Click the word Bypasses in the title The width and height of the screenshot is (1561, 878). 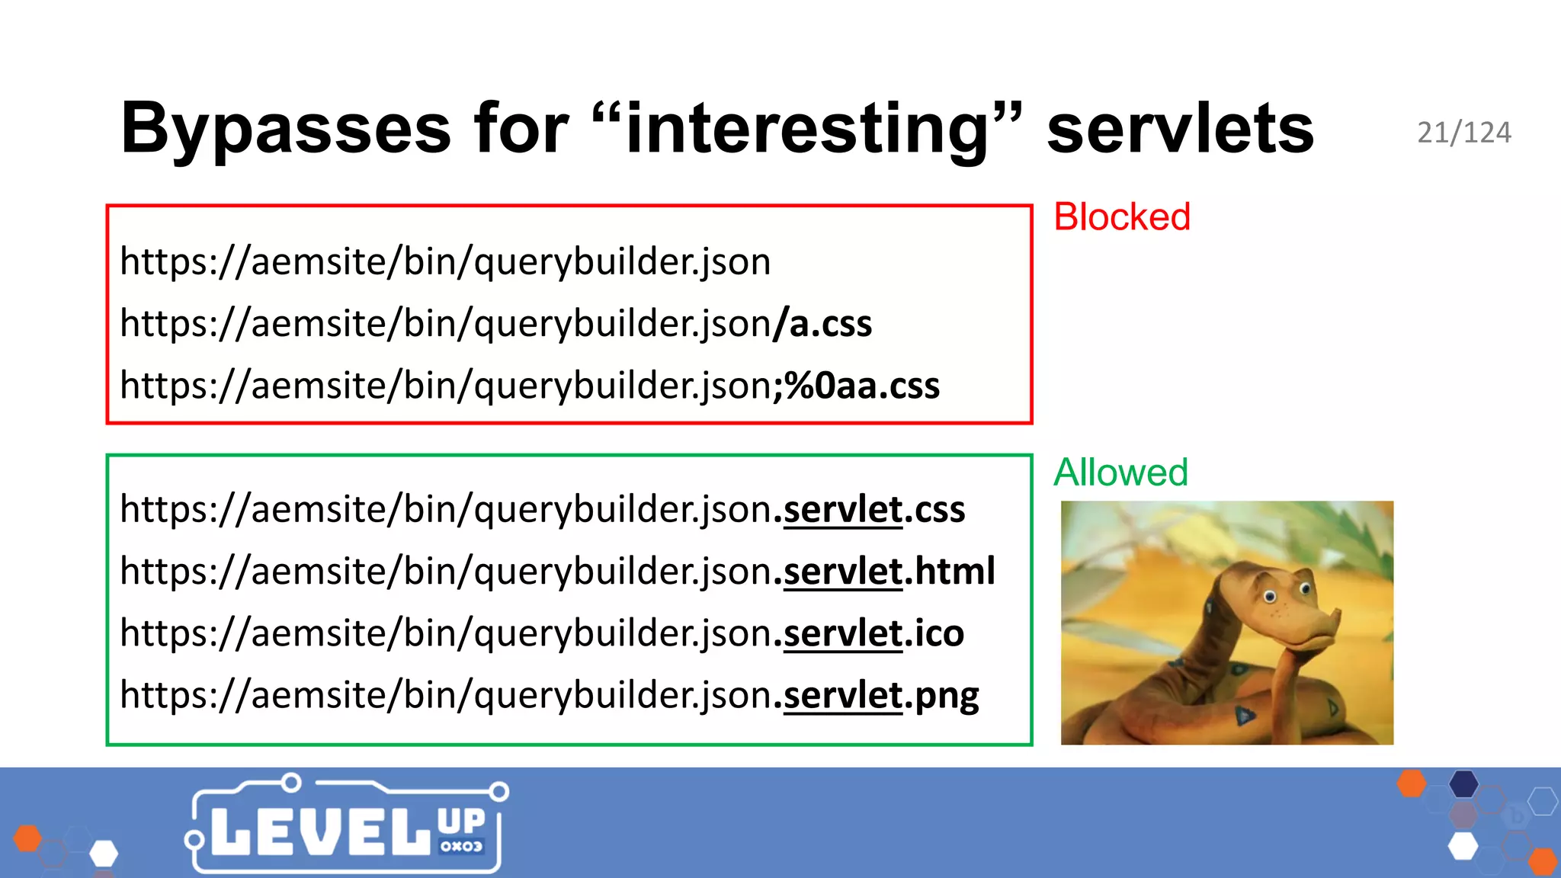(x=286, y=128)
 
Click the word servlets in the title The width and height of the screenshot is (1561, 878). (x=1180, y=128)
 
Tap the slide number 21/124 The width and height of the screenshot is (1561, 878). (x=1463, y=133)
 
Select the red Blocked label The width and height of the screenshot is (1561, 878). (x=1121, y=216)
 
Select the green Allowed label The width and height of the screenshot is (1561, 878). (x=1120, y=472)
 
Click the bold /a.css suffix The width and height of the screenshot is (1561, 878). (x=823, y=324)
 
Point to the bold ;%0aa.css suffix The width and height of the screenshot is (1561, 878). (x=857, y=386)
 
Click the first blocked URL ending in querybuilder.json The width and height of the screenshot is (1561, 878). (x=445, y=262)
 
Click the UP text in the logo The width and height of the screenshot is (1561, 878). (x=461, y=822)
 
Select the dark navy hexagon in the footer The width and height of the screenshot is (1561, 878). (x=1463, y=783)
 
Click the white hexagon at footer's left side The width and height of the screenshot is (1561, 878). (x=104, y=853)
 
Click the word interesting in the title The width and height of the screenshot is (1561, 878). (x=808, y=128)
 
